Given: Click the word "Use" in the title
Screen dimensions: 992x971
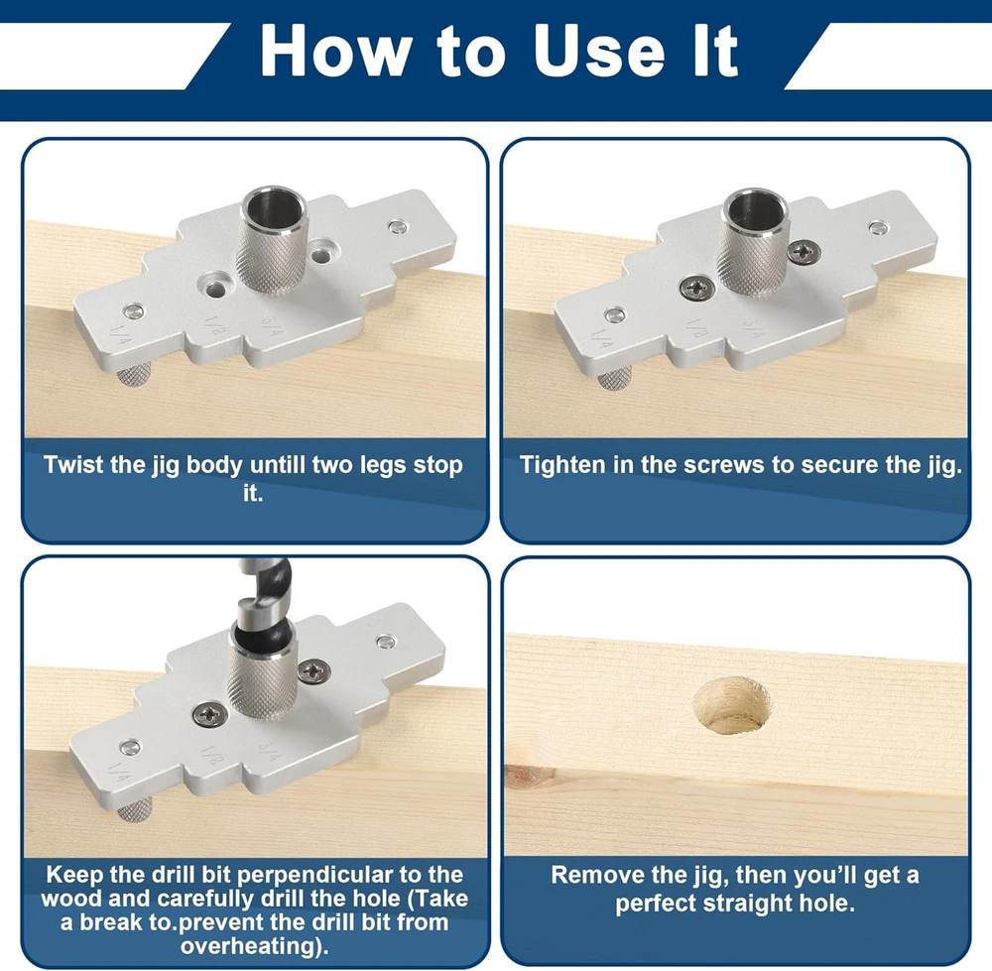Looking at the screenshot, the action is tap(598, 51).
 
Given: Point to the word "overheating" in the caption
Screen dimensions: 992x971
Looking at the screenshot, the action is tap(251, 945).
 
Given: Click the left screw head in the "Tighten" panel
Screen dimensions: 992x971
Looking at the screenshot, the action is tap(697, 289).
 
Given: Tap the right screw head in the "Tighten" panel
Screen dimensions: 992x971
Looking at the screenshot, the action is tap(805, 251).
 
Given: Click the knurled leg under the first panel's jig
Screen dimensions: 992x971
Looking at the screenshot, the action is tap(134, 375).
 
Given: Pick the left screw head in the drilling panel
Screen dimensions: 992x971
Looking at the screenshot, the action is tap(210, 715).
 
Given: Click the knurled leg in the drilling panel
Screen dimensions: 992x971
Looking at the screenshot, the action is tap(134, 809).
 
